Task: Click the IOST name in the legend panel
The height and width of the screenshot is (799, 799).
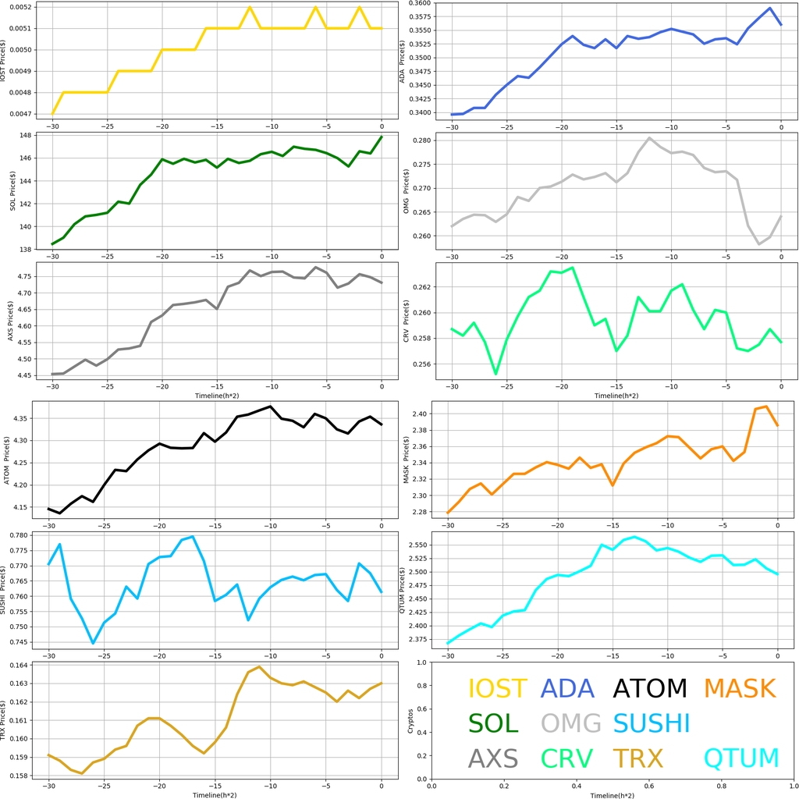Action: (x=498, y=688)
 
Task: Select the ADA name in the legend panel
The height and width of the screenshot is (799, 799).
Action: (x=567, y=688)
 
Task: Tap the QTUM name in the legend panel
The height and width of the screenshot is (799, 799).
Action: (x=741, y=758)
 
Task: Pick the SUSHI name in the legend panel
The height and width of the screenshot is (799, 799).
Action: (x=652, y=723)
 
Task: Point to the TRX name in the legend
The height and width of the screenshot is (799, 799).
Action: (x=637, y=758)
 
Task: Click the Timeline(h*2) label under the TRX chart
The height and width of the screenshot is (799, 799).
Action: (x=215, y=794)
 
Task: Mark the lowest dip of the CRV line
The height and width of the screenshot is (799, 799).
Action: (x=495, y=374)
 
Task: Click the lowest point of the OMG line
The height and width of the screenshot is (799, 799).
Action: (x=758, y=244)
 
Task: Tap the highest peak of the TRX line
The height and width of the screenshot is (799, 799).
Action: (x=259, y=666)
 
